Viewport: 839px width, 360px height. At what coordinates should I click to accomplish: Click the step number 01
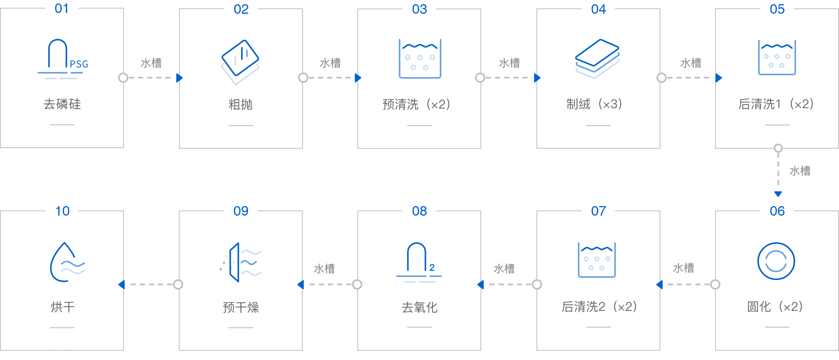[62, 8]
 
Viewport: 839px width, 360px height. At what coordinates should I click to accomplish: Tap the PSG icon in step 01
[63, 59]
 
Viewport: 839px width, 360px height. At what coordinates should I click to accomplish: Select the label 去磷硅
[62, 104]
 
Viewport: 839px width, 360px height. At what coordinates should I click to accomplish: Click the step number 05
[777, 9]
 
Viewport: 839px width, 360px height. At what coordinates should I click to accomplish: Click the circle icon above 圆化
[776, 261]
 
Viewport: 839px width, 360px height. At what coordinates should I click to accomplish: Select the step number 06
[777, 211]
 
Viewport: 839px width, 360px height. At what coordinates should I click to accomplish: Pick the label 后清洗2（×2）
[598, 307]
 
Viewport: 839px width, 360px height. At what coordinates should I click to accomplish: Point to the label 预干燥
[241, 307]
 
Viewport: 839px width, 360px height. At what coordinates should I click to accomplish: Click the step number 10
[62, 211]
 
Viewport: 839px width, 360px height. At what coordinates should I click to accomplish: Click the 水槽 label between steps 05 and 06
[799, 171]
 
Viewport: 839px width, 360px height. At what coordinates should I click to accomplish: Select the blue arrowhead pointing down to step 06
[778, 194]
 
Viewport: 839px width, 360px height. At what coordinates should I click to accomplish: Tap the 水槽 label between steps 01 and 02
[151, 63]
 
